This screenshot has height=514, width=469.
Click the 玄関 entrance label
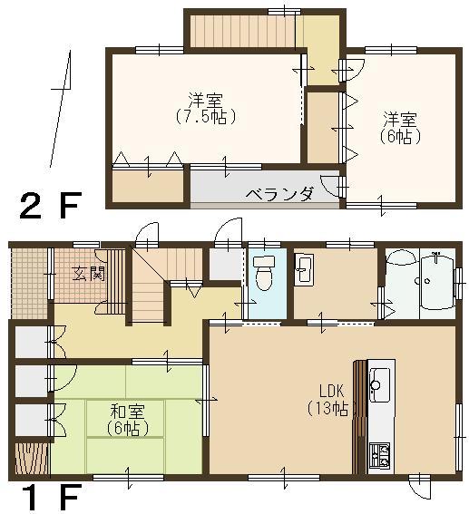(x=87, y=274)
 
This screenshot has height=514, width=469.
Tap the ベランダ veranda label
(x=280, y=193)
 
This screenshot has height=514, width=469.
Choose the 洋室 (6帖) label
(x=399, y=127)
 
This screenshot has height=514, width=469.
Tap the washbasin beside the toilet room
(x=305, y=270)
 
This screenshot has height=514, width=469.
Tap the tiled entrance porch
(x=26, y=282)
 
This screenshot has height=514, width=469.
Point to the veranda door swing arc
(x=337, y=186)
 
